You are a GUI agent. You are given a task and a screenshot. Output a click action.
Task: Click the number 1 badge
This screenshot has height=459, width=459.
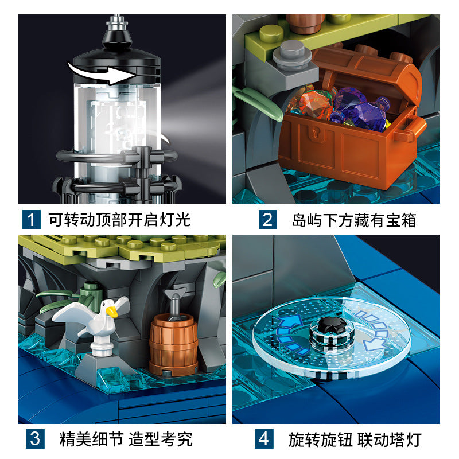point(32,220)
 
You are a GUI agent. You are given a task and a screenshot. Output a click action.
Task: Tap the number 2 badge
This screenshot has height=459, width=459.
point(267,220)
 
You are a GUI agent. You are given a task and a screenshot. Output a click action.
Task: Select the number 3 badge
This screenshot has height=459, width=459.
point(35,438)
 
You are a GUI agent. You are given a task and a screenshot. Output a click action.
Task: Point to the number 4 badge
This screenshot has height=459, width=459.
point(264,438)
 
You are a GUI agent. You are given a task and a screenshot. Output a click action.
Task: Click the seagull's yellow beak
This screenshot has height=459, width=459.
point(111,312)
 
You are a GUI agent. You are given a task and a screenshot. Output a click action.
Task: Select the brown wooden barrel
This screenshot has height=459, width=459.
point(173,345)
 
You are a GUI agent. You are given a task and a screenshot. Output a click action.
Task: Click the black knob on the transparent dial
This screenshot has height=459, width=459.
point(332,326)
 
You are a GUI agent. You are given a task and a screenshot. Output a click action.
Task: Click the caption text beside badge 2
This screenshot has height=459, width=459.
point(354,220)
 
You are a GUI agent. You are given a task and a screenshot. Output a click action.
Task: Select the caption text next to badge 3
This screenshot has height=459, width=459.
point(126,439)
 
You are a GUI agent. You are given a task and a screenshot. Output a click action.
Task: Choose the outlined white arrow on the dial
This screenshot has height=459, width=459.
point(375,330)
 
